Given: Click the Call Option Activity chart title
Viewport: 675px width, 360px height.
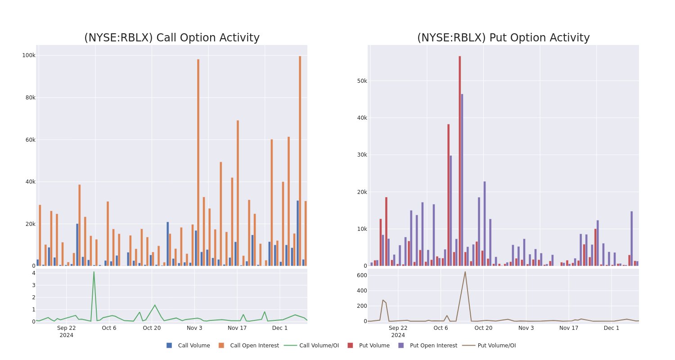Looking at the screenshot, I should click(171, 38).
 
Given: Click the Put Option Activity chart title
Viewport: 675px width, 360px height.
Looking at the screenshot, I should click(503, 38).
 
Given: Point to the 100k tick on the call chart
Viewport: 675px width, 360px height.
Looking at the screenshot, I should click(29, 55).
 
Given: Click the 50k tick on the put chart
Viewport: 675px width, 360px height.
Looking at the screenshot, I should click(362, 81).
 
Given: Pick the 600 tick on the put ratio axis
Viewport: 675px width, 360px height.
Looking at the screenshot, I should click(362, 275).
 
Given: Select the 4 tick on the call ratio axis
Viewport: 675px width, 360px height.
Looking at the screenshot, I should click(33, 273).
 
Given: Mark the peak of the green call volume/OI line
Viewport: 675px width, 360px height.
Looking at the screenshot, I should click(94, 272).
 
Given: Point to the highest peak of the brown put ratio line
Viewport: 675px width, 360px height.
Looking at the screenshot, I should click(465, 271).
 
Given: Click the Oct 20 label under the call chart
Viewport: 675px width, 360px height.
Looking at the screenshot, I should click(152, 328).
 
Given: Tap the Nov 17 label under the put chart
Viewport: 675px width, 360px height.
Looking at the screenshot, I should click(569, 328).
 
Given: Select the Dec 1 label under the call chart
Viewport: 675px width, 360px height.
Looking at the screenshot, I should click(280, 328).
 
